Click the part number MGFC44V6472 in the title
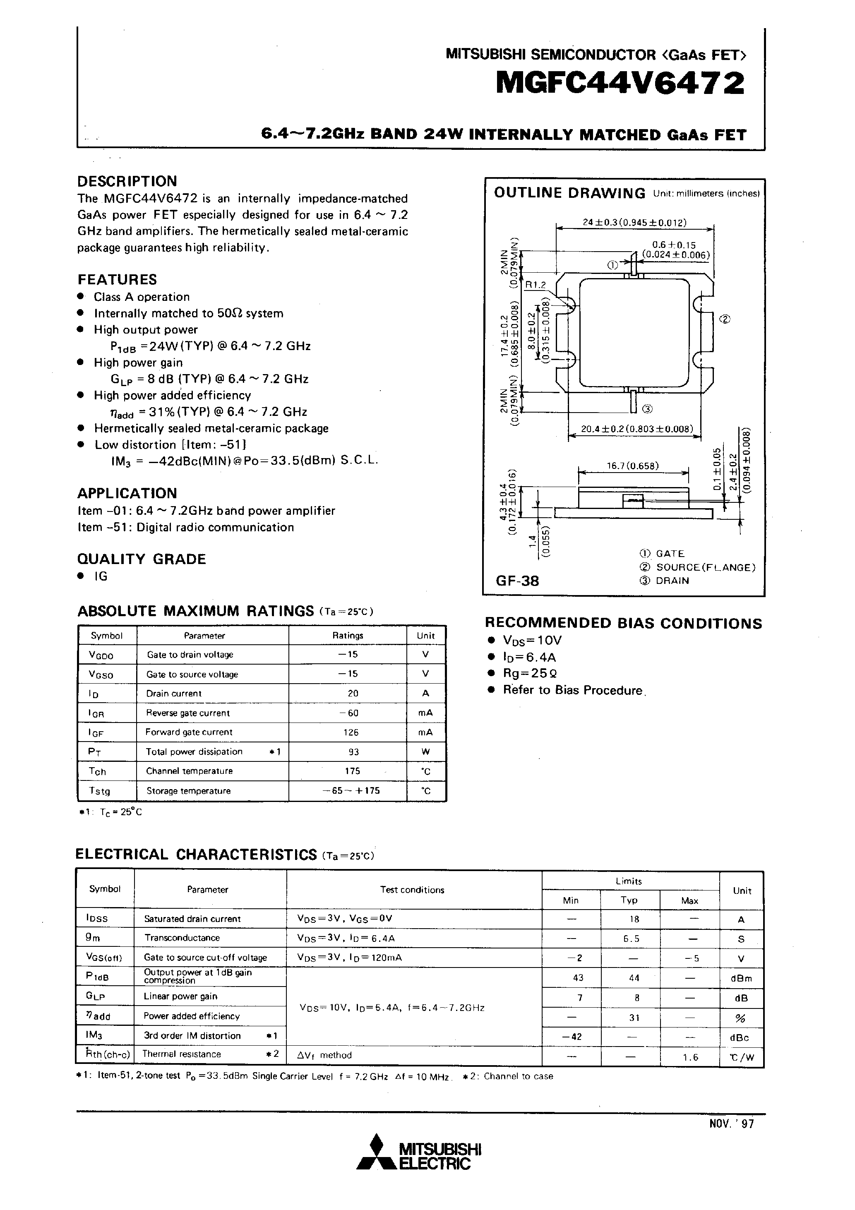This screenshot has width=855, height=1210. click(x=620, y=84)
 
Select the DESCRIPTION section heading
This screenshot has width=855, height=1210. click(x=127, y=181)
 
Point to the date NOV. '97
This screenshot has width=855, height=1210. click(x=731, y=1124)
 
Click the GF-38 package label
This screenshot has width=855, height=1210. click(x=517, y=581)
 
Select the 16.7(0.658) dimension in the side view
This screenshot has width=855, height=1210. click(x=632, y=466)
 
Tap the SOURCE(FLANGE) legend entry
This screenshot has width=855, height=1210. click(x=705, y=567)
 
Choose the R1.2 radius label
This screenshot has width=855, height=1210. click(x=536, y=285)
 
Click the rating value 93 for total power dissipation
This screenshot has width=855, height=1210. click(x=353, y=751)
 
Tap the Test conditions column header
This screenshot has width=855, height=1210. click(x=412, y=890)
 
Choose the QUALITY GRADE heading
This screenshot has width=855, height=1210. click(x=141, y=559)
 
